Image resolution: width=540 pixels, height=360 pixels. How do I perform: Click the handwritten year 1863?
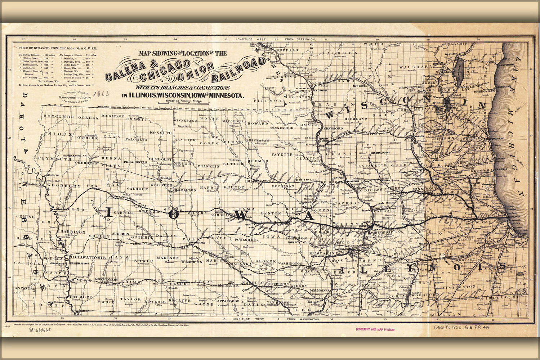tap(101, 94)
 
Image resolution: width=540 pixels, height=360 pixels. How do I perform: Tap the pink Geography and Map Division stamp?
tap(375, 329)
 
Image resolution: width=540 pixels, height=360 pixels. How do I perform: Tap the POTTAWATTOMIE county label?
tap(88, 257)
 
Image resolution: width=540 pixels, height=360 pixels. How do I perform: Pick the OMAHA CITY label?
tap(57, 263)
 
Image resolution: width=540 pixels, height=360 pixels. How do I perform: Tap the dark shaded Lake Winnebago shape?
tap(450, 67)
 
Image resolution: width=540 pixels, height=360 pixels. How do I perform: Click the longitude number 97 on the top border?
tap(23, 39)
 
